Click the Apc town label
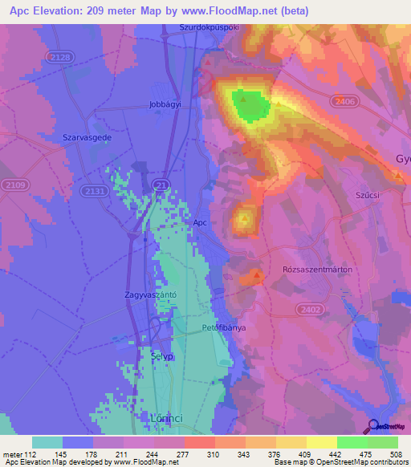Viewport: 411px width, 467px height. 201,224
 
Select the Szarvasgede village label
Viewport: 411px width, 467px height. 87,137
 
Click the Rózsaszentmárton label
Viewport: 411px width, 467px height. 318,270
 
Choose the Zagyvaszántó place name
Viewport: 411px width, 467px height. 150,294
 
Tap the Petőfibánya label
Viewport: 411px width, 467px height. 223,328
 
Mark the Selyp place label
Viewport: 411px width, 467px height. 161,355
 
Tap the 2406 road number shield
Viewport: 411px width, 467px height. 345,101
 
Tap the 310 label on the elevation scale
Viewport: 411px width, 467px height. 213,455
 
